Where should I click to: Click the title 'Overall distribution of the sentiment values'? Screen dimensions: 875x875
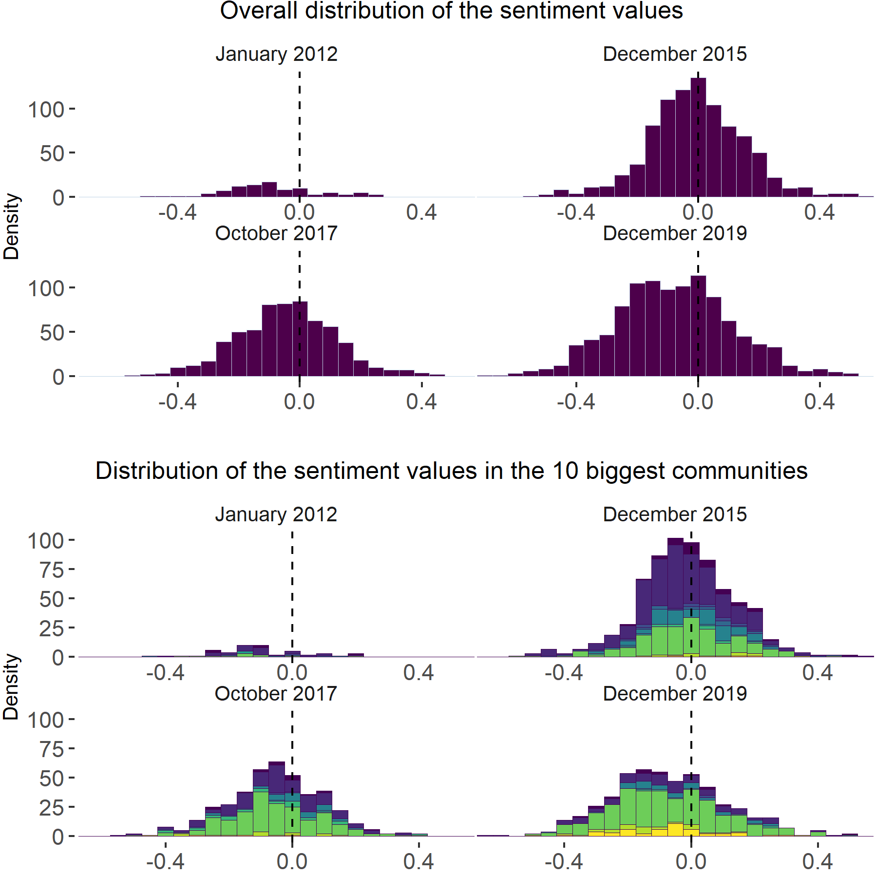[451, 11]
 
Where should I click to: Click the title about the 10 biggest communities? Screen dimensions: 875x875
[451, 471]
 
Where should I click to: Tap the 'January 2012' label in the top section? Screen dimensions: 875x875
[276, 54]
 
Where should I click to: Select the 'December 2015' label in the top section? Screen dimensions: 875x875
[675, 54]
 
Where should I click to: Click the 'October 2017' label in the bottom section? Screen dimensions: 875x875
[276, 694]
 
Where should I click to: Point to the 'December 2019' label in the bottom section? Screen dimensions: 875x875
[675, 694]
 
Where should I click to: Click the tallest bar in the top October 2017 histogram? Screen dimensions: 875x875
[300, 339]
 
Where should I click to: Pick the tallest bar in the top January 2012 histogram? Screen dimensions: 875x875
[269, 190]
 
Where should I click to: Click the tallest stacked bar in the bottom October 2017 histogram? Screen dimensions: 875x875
[276, 799]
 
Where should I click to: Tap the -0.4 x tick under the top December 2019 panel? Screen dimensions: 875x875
[576, 402]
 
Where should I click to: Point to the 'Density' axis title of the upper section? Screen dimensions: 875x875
[11, 226]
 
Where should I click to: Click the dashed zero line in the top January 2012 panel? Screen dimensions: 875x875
[299, 132]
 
